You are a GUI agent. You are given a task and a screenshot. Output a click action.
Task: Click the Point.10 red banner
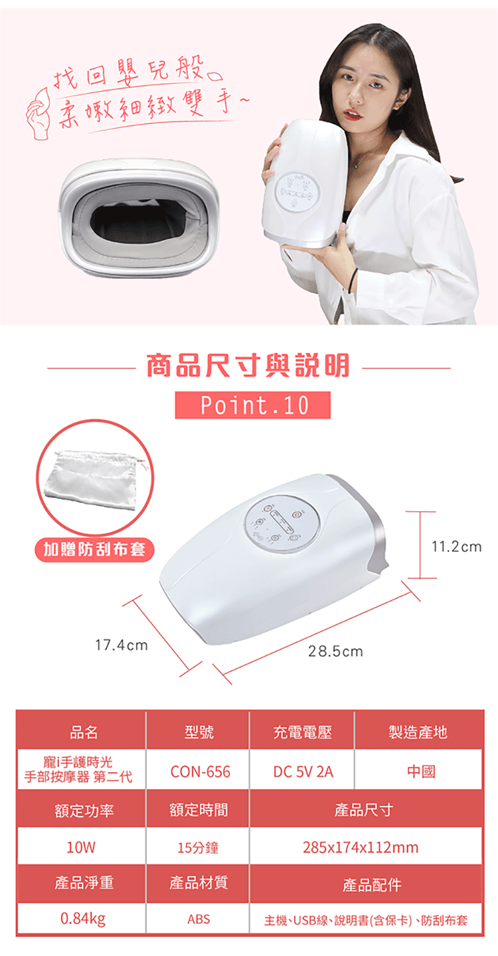point(252,405)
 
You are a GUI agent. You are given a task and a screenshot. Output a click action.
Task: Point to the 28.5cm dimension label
point(336,651)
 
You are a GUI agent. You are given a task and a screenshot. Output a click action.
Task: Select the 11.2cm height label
point(456,547)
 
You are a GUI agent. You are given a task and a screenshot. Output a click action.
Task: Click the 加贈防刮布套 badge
point(94,549)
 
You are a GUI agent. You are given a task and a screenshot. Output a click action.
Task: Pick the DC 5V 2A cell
point(303,772)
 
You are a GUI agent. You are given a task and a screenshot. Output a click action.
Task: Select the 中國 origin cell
point(421,772)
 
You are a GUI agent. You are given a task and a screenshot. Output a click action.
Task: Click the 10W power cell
point(82,847)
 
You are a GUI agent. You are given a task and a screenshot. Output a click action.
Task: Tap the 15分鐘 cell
point(198,847)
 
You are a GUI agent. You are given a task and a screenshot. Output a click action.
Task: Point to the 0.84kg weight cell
point(82,920)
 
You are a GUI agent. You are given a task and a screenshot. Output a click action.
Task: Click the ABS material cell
point(199,920)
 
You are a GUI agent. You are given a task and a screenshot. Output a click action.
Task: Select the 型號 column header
point(199,732)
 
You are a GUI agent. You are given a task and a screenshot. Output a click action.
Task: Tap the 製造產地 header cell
point(418,732)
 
